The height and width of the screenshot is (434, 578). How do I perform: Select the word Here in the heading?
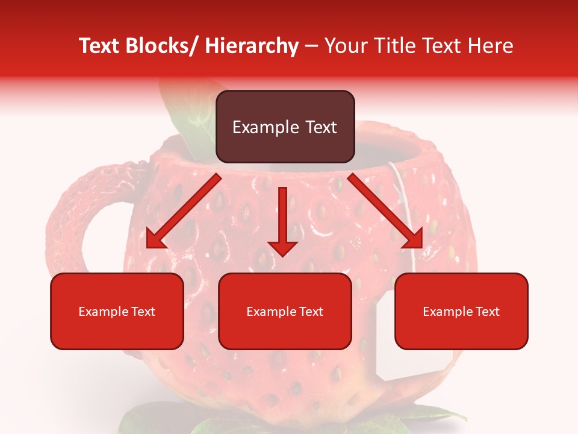489,46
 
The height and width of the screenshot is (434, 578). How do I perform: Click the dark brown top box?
285,127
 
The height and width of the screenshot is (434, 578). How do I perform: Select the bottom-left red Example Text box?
117,311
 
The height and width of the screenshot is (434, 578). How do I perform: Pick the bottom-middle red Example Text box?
285,311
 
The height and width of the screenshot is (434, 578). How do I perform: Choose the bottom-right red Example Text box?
461,311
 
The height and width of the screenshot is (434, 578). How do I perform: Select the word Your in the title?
343,46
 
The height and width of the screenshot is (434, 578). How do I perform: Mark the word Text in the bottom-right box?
486,312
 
